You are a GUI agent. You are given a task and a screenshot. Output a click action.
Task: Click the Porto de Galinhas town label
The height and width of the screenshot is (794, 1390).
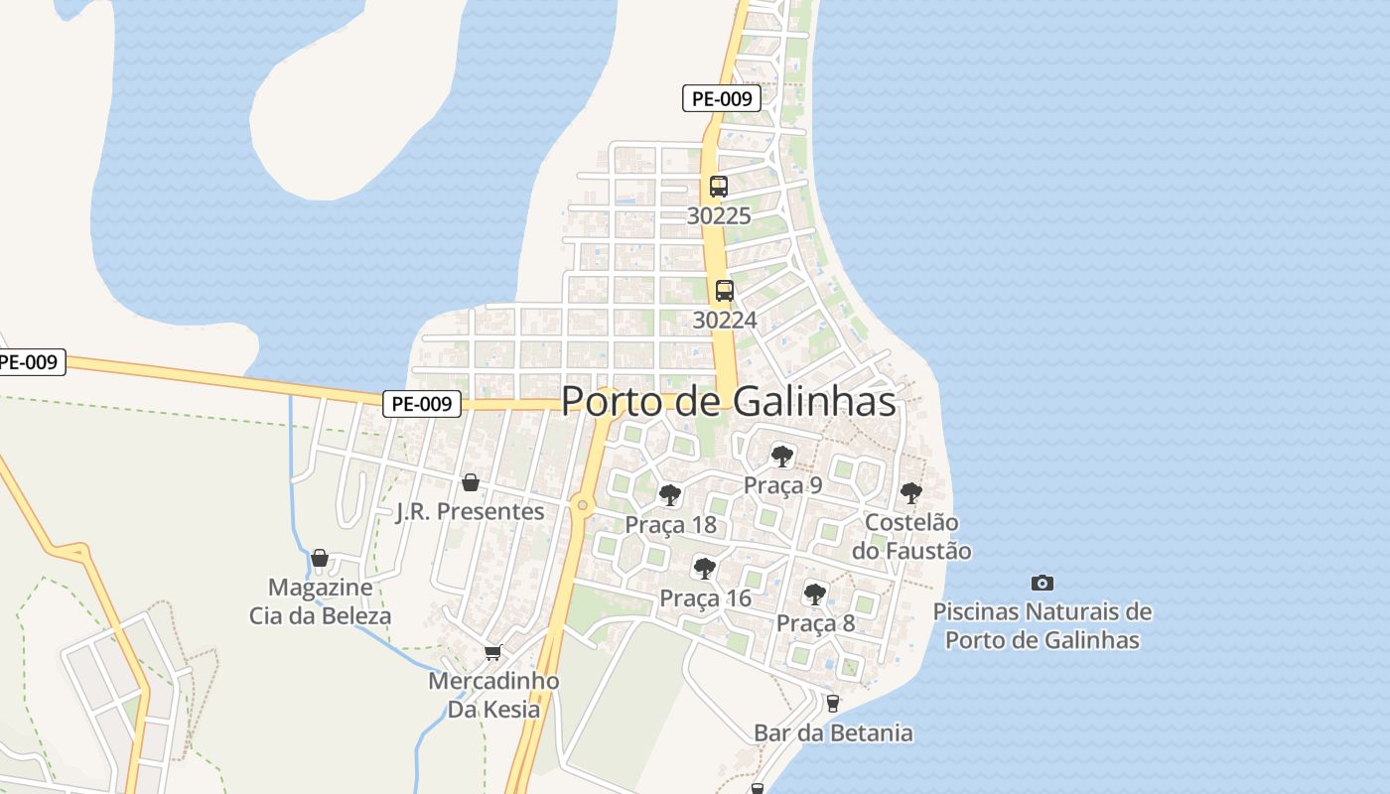728,401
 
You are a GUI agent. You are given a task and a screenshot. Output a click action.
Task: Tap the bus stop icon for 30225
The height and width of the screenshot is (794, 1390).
719,186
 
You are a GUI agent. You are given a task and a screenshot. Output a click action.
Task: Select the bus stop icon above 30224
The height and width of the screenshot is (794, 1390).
725,291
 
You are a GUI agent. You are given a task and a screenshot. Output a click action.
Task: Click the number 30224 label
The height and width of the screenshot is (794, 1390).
725,320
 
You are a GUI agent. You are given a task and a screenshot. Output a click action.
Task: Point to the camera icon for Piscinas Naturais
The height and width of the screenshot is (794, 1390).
1042,583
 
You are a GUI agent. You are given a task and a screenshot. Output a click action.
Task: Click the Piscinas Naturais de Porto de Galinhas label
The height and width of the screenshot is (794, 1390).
1042,625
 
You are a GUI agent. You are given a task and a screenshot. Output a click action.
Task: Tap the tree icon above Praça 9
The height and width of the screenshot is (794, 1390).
782,457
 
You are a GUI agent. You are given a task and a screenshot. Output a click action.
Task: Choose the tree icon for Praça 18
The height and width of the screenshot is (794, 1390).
670,494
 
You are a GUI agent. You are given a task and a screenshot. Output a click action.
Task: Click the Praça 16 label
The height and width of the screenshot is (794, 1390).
705,598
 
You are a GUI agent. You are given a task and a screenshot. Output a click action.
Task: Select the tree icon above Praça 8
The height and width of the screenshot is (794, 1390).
814,594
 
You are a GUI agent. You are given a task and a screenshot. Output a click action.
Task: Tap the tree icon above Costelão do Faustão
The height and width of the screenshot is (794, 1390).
910,492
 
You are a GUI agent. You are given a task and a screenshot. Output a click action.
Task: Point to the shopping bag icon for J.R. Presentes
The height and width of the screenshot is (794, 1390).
471,482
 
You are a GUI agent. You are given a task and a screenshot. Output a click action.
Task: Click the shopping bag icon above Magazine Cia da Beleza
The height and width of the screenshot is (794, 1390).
319,558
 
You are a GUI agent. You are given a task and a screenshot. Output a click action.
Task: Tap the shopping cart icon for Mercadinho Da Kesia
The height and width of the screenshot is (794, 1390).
492,652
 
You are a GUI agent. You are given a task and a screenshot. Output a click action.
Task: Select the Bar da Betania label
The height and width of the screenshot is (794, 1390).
833,733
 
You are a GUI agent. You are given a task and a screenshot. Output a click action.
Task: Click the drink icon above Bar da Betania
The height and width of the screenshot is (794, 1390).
832,704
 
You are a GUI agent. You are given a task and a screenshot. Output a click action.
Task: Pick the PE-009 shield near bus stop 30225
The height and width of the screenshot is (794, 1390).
722,98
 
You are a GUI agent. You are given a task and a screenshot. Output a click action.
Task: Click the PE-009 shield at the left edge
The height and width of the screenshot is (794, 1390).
30,362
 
